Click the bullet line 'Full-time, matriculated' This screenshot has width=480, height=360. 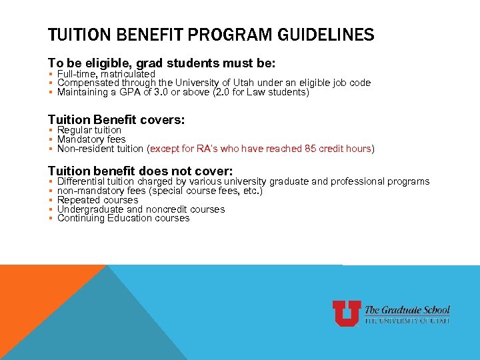(x=106, y=74)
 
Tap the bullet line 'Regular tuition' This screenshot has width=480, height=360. (x=89, y=130)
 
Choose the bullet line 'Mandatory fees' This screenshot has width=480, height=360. (x=91, y=139)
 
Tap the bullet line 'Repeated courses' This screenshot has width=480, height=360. (x=98, y=200)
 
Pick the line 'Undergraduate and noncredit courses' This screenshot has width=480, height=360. (x=141, y=209)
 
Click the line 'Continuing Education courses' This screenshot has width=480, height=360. (x=123, y=218)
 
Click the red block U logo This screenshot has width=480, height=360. (x=347, y=313)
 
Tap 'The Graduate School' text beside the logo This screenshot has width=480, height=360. (x=407, y=310)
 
